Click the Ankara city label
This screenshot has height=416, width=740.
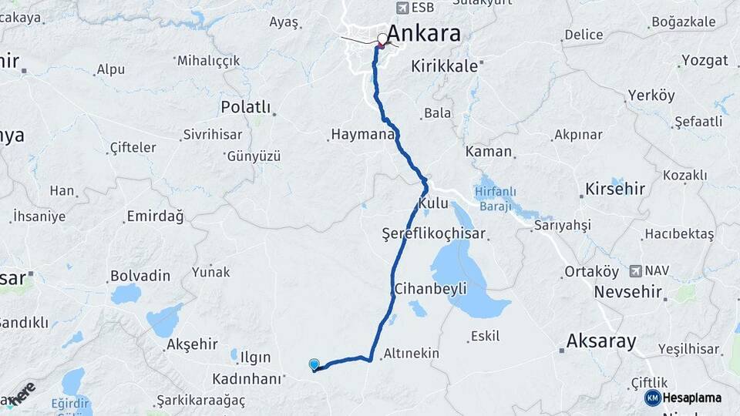(x=423, y=33)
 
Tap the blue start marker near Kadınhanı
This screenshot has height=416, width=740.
(x=314, y=365)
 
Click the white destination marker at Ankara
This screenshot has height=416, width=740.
(x=382, y=39)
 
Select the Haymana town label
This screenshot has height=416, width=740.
(x=362, y=134)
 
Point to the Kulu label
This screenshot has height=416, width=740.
(x=432, y=203)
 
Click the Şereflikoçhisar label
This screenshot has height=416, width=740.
(x=433, y=233)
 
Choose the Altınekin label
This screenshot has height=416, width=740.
(x=410, y=353)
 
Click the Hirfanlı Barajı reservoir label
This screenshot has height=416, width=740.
(x=496, y=199)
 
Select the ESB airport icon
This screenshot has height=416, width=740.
(x=402, y=7)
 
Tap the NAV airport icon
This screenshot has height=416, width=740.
(x=635, y=270)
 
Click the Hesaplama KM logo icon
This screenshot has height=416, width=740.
(x=652, y=398)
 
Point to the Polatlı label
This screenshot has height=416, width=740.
(x=245, y=106)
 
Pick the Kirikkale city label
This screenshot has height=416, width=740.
(x=444, y=66)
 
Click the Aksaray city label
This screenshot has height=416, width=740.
(x=600, y=341)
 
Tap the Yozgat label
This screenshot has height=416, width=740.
(x=704, y=60)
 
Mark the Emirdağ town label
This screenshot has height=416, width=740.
(x=156, y=216)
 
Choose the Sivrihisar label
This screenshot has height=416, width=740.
(x=212, y=134)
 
